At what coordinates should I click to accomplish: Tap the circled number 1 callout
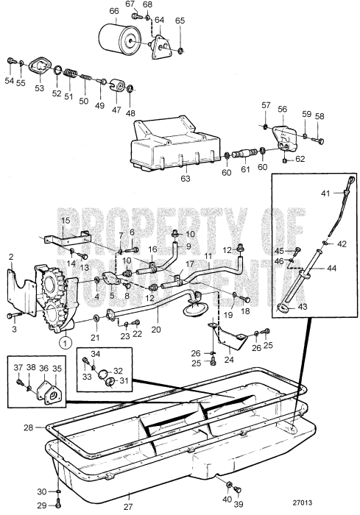click(66, 341)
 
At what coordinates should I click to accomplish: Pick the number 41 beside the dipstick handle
click(325, 193)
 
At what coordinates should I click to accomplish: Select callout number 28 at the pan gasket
click(28, 427)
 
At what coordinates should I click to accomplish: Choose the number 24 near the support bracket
click(229, 360)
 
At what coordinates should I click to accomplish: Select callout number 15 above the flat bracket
click(65, 220)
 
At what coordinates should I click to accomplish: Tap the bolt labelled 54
click(11, 60)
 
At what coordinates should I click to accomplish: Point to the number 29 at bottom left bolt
click(42, 505)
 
